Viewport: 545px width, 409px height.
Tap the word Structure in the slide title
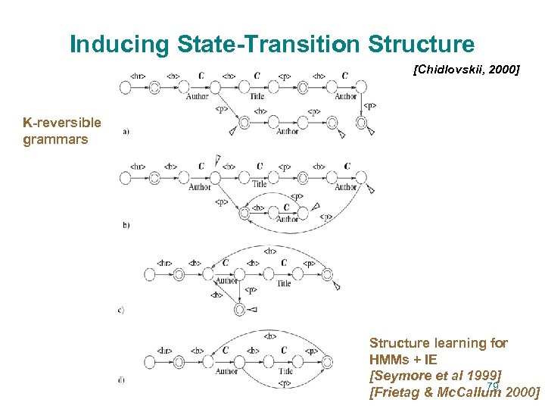[x=422, y=45]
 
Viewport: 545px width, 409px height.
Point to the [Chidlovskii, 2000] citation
[x=466, y=70]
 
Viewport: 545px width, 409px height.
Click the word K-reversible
[x=62, y=123]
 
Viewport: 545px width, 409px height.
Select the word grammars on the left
[x=55, y=139]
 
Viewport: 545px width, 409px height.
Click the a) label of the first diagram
[x=126, y=132]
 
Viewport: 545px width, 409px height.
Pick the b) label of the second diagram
[x=126, y=225]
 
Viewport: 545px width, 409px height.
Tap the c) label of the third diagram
[x=122, y=309]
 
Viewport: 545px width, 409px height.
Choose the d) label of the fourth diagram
[x=122, y=379]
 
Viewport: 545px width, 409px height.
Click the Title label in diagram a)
[x=257, y=97]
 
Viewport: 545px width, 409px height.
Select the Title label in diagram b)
[x=260, y=184]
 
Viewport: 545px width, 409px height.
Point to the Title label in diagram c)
[x=283, y=283]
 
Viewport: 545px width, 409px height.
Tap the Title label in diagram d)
[x=285, y=371]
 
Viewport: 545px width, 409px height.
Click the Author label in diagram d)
[x=226, y=371]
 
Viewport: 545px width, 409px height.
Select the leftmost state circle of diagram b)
[x=125, y=177]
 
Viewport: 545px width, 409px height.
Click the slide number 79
[x=493, y=386]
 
